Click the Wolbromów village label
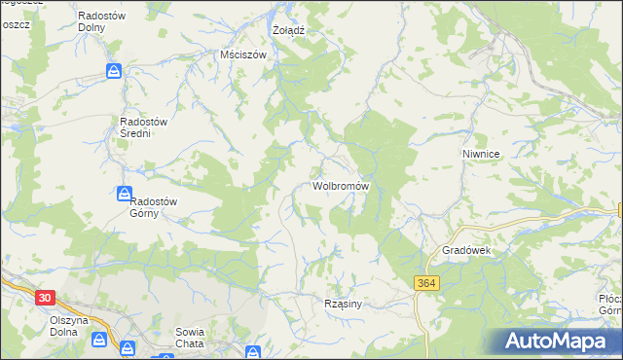click(340, 185)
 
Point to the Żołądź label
click(288, 30)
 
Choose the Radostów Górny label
click(153, 207)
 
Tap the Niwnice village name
click(481, 154)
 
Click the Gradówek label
click(470, 250)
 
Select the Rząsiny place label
click(343, 304)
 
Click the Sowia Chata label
click(189, 338)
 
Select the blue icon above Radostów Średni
click(114, 71)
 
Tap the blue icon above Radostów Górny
click(125, 194)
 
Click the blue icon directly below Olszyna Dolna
click(98, 339)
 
